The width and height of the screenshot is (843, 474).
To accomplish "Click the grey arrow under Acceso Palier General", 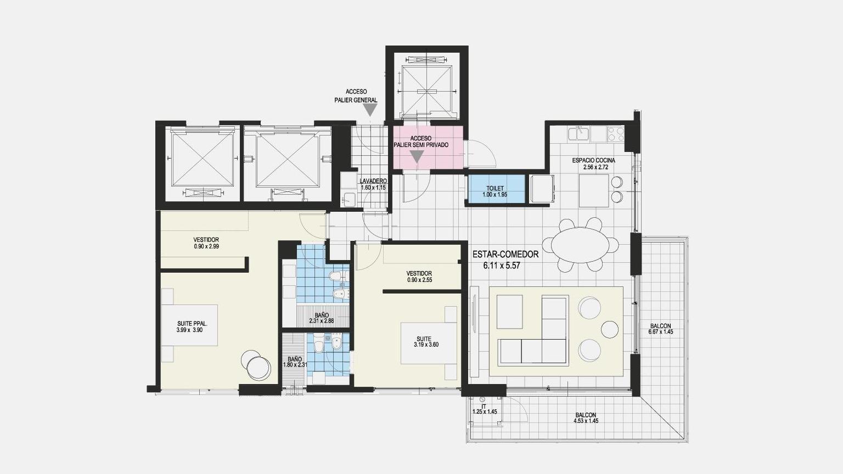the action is coord(370,110).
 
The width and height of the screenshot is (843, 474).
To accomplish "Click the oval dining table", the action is coord(580,245).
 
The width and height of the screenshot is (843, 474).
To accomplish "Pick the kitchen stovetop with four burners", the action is coord(615,134).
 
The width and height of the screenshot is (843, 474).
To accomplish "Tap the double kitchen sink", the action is coord(579,133).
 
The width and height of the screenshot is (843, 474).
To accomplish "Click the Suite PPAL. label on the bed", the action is coord(192,326).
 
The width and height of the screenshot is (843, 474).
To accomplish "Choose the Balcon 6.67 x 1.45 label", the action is coord(660,329).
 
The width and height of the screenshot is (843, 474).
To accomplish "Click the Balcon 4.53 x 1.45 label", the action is coord(586,418).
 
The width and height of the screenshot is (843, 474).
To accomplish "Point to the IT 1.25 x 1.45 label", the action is coord(485,409).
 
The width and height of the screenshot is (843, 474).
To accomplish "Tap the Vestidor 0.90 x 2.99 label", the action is coord(206,243).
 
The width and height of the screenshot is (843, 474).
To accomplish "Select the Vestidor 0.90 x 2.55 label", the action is coord(419,276).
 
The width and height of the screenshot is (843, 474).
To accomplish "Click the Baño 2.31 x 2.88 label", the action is coord(322,318).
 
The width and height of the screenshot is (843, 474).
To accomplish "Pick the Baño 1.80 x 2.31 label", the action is coord(295,362).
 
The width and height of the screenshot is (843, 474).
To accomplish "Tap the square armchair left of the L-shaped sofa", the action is coord(509,312).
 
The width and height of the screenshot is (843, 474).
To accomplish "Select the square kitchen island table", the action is coord(594,190).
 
